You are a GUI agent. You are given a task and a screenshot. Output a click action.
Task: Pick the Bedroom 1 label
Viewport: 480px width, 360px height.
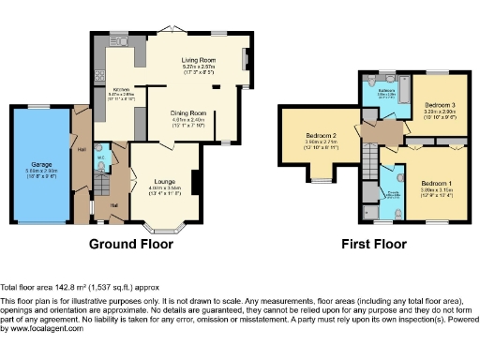pyautogui.click(x=436, y=182)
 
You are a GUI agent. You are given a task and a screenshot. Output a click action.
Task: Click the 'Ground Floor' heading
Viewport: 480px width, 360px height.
pyautogui.click(x=131, y=244)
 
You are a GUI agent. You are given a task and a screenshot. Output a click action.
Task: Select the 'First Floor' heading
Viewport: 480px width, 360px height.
pyautogui.click(x=373, y=244)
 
